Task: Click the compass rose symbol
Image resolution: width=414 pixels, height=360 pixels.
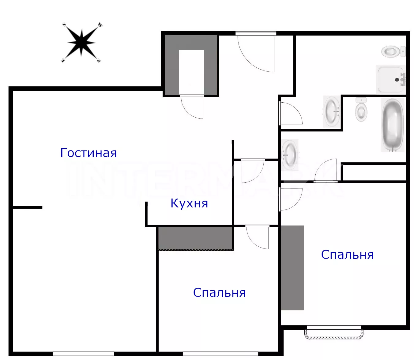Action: click(81, 43)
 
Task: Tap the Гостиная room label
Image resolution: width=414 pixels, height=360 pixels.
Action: click(88, 153)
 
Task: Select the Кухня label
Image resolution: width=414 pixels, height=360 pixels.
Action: click(189, 203)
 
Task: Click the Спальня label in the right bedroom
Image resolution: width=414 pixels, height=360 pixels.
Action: click(347, 255)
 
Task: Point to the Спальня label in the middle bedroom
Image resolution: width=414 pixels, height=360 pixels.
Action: click(219, 293)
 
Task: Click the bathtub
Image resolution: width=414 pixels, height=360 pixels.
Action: click(393, 125)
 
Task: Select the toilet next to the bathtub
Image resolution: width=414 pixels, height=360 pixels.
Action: click(361, 110)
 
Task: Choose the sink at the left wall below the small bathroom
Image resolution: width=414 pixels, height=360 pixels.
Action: click(290, 155)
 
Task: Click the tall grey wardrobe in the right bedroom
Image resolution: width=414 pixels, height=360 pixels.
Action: click(292, 268)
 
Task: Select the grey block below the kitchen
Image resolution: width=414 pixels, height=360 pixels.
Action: click(195, 238)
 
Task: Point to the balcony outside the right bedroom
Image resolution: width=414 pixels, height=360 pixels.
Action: click(334, 334)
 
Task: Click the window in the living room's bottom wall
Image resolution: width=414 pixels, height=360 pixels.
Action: click(83, 354)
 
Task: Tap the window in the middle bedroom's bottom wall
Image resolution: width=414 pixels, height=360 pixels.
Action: click(220, 354)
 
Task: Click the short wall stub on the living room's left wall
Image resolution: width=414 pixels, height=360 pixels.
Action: click(28, 207)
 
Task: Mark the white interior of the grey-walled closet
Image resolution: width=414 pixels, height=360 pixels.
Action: click(191, 72)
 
